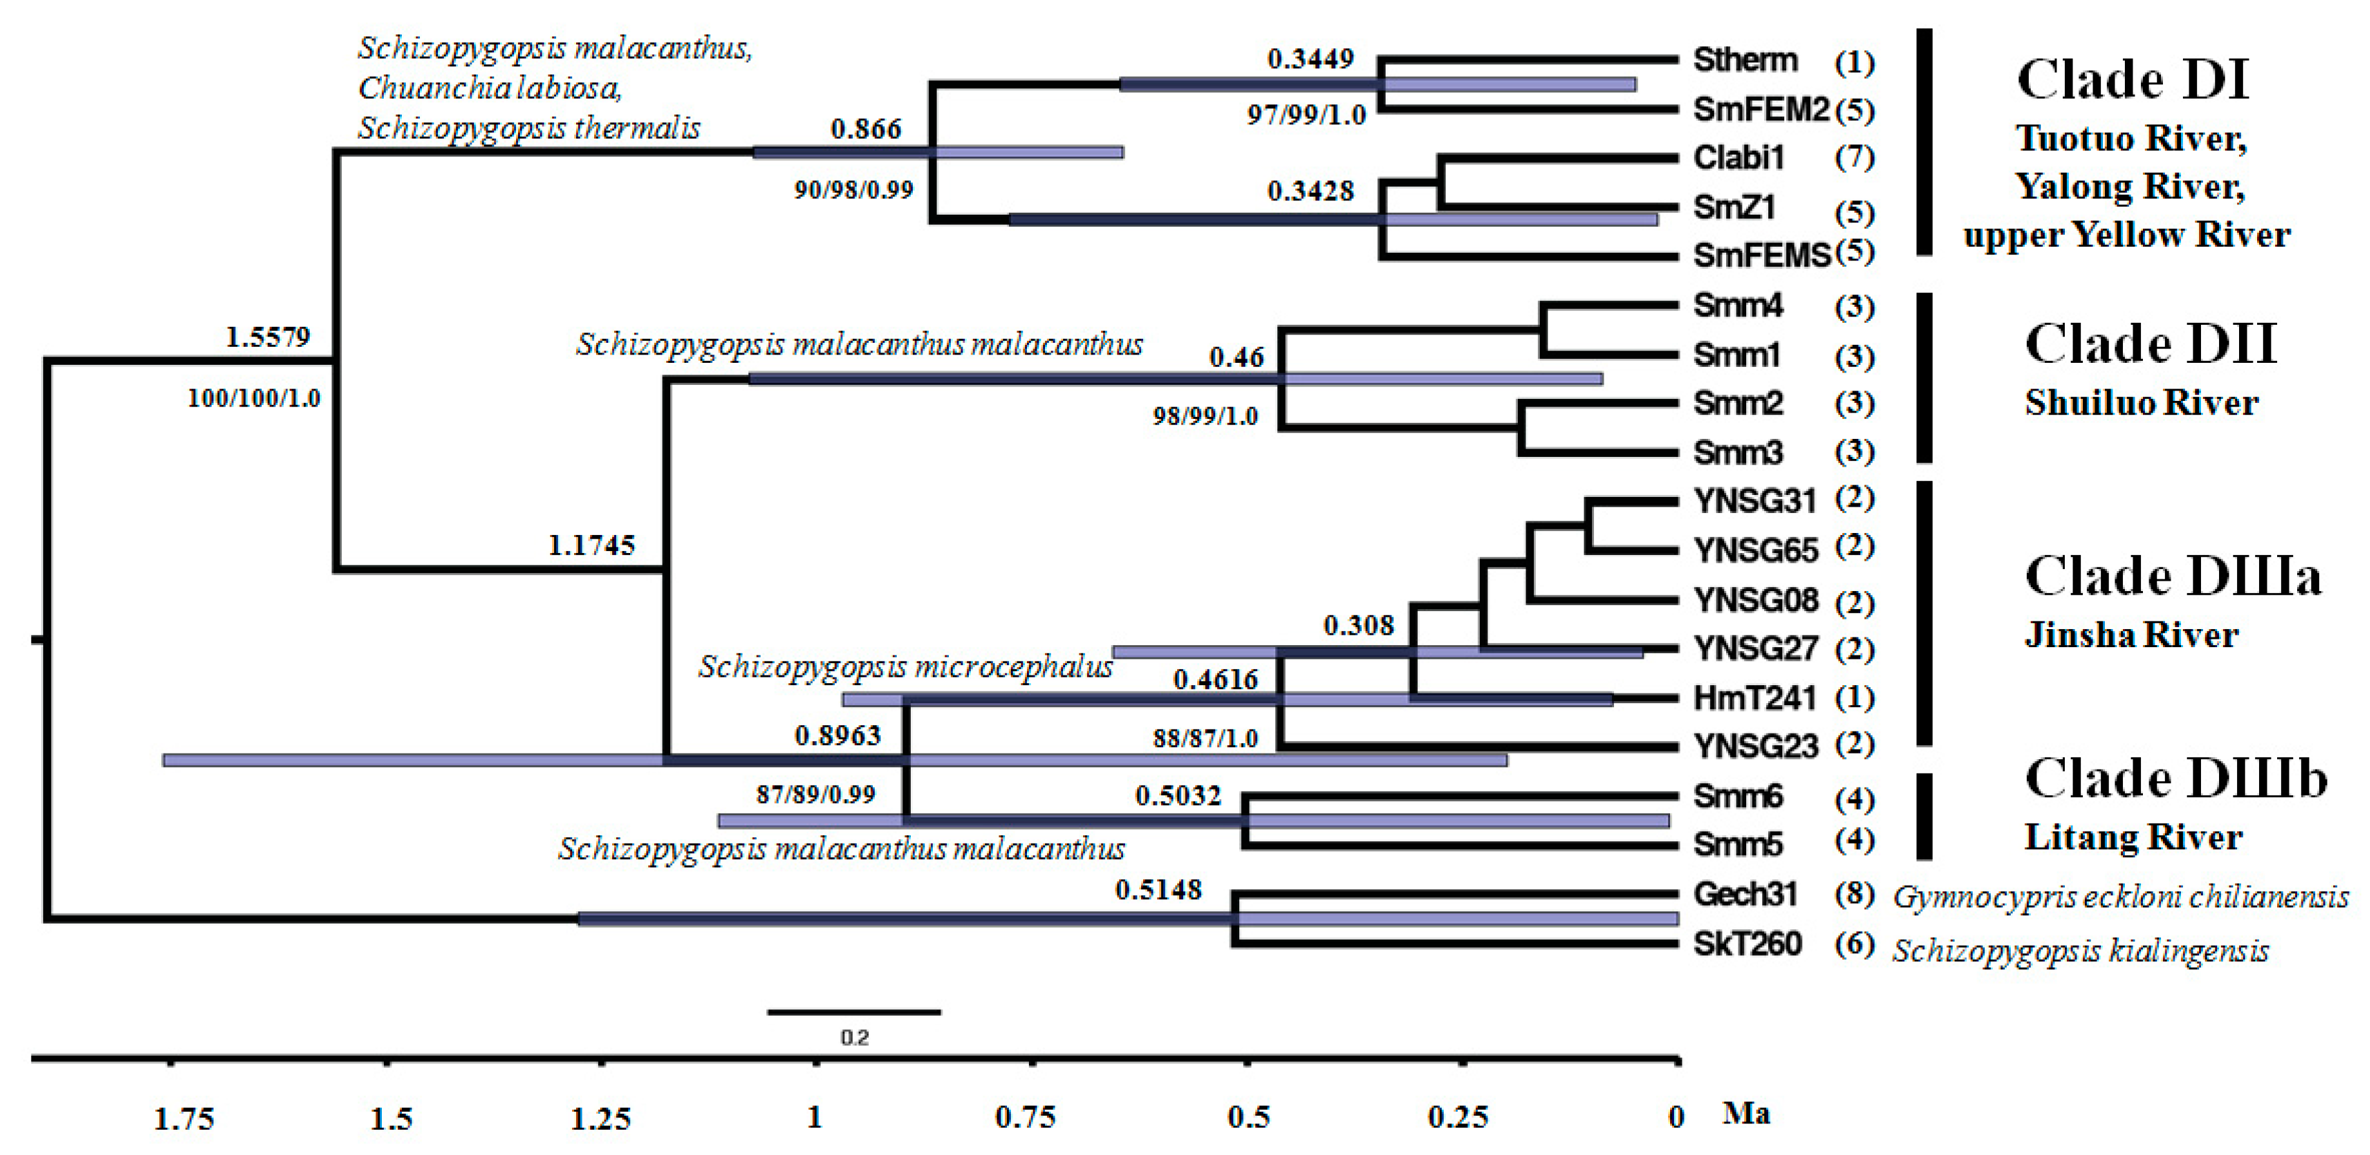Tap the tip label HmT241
1755,698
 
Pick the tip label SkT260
1747,944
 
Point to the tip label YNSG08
1755,601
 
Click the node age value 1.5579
268,338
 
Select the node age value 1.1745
591,545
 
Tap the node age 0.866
865,129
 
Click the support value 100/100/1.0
254,398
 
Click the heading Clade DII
2150,344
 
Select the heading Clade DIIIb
2175,779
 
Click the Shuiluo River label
2141,403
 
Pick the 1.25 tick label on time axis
600,1119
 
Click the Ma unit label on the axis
1746,1114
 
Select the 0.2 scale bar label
854,1037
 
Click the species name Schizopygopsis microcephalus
905,666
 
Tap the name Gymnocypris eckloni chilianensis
2120,897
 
